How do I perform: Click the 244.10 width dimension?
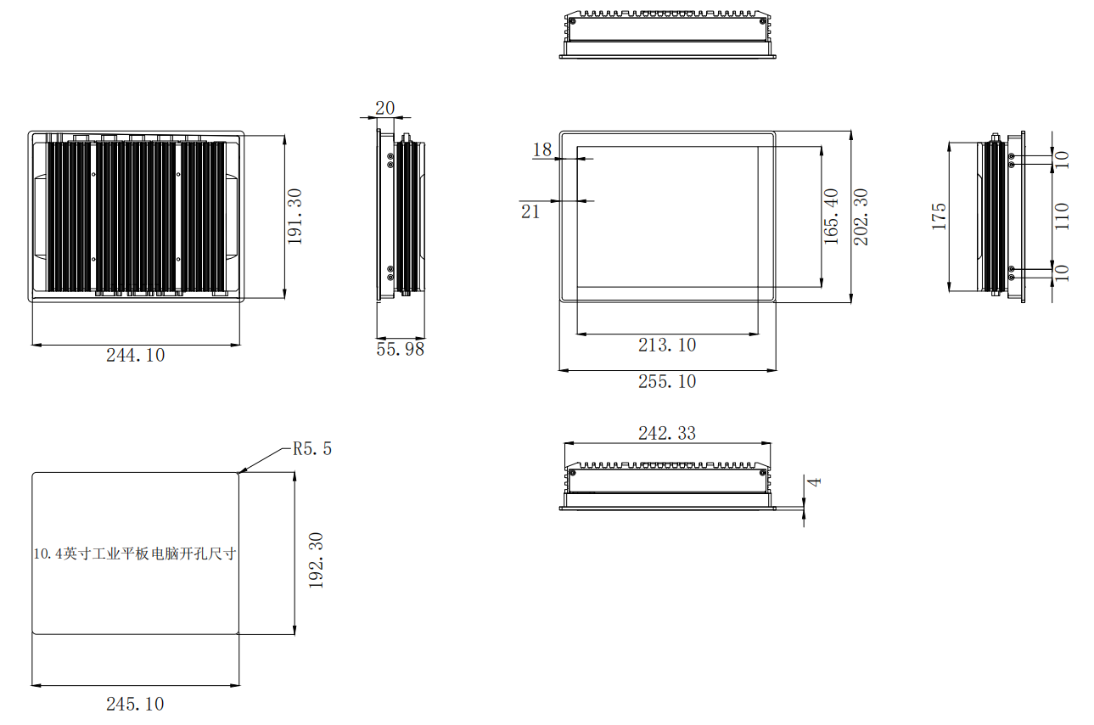(x=135, y=355)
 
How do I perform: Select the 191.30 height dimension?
(x=295, y=216)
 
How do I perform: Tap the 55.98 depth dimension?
(x=400, y=349)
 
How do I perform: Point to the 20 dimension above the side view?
(x=384, y=108)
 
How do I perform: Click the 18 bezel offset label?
(x=542, y=149)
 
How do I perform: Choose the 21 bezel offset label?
(x=530, y=211)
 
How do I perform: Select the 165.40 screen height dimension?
(x=831, y=216)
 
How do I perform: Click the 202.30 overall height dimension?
(x=861, y=216)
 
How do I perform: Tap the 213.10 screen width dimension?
(x=667, y=345)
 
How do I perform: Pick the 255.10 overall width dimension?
(x=667, y=381)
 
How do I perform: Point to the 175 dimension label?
(x=939, y=216)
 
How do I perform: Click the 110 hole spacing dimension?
(x=1061, y=216)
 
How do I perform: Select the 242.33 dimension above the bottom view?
(x=667, y=433)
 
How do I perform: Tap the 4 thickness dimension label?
(x=815, y=482)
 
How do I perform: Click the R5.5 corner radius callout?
(x=312, y=448)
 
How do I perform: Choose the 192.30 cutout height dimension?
(x=317, y=560)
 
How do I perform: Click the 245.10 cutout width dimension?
(x=135, y=704)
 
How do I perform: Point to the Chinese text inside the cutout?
(x=135, y=554)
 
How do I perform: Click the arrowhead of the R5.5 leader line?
(x=239, y=472)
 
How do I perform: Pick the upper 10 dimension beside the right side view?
(x=1061, y=160)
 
